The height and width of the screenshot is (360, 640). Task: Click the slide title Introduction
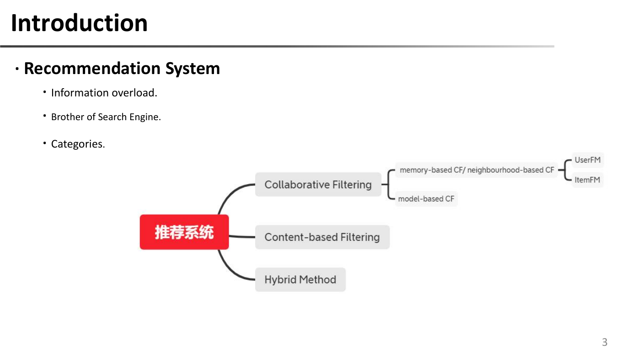tap(79, 23)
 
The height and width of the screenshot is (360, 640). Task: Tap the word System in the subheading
tap(192, 69)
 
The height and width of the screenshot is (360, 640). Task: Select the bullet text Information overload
tap(104, 93)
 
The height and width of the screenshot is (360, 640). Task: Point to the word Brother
tap(68, 117)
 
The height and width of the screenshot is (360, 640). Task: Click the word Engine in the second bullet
tap(145, 117)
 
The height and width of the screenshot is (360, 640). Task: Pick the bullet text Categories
tap(78, 144)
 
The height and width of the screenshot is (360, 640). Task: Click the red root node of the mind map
tap(184, 232)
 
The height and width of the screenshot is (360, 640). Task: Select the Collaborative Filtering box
tap(318, 185)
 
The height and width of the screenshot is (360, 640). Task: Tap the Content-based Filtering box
tap(322, 237)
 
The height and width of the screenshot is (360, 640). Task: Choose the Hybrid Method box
tap(300, 280)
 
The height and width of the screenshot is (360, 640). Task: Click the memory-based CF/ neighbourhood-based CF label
tap(476, 170)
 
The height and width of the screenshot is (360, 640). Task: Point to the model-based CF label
tap(426, 199)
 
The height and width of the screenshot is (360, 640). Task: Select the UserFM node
tap(588, 160)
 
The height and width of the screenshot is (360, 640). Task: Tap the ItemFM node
tap(587, 180)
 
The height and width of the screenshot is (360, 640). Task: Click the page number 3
tap(604, 342)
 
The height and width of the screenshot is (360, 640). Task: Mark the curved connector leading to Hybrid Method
tap(229, 270)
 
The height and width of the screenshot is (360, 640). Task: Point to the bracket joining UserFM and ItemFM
tap(565, 170)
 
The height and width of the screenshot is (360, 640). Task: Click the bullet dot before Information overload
tap(45, 92)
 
